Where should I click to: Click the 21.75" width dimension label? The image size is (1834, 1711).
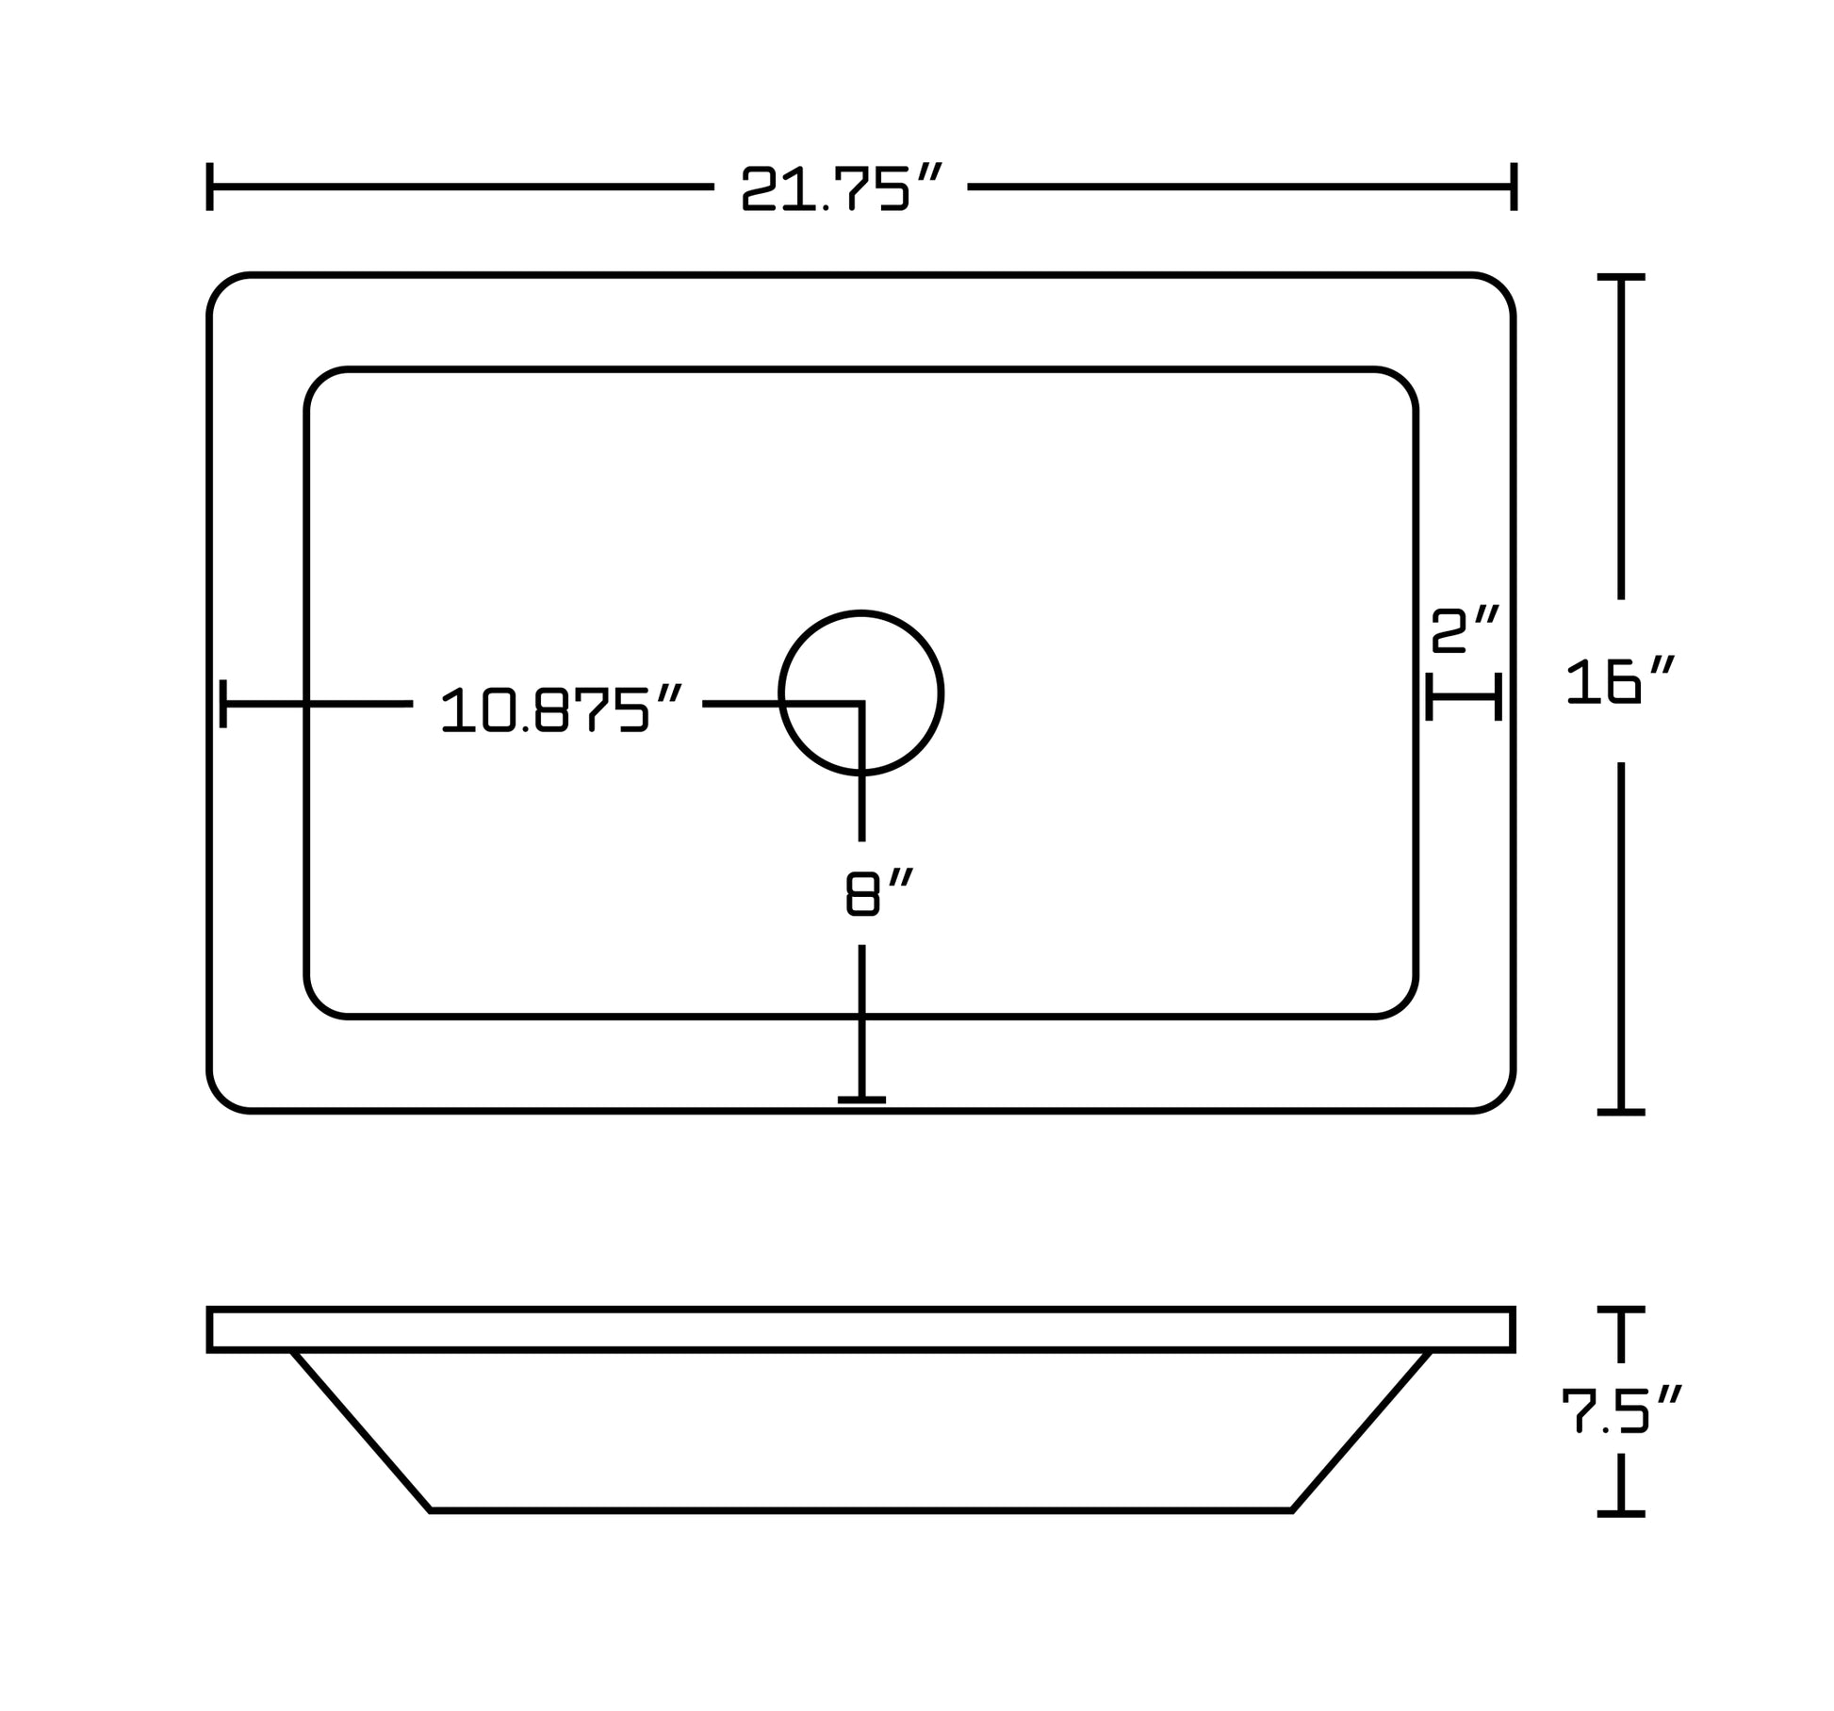(842, 187)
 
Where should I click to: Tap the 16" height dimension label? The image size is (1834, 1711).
(1620, 680)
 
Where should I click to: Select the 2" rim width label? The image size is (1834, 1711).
(1465, 629)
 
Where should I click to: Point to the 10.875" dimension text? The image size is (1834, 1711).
(561, 710)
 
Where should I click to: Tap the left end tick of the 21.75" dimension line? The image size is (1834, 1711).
(209, 187)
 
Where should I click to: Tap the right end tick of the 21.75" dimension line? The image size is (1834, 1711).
(1514, 187)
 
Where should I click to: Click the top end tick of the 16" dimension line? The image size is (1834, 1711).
(1621, 277)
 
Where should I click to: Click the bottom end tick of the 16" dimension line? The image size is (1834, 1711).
(1621, 1112)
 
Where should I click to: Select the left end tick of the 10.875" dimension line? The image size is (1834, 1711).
(223, 704)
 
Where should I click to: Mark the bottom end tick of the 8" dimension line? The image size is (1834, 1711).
(861, 1100)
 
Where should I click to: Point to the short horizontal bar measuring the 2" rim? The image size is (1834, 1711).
(1464, 697)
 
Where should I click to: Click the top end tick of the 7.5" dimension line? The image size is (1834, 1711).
(1621, 1310)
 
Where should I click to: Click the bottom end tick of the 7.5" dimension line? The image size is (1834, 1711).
(1621, 1513)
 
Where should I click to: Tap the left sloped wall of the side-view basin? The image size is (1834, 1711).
(361, 1431)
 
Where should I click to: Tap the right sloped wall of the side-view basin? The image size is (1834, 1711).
(1361, 1431)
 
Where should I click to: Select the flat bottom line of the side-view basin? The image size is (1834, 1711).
(860, 1511)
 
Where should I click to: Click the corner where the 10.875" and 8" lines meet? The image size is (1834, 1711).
(861, 704)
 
